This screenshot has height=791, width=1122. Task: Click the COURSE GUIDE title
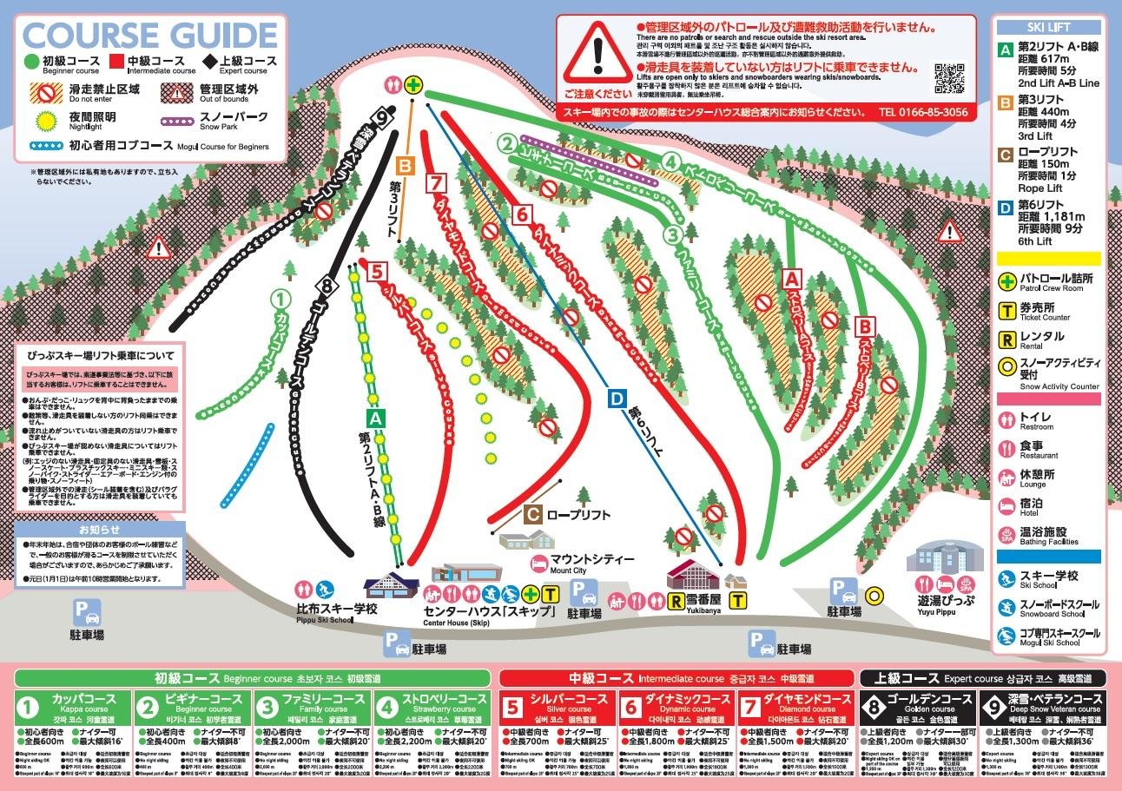[x=153, y=36]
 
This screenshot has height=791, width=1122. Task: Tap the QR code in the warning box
[x=948, y=78]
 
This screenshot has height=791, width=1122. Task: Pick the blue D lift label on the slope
[x=616, y=399]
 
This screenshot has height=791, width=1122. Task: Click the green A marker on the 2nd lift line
[x=374, y=418]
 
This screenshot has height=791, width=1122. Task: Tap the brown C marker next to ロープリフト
[x=532, y=514]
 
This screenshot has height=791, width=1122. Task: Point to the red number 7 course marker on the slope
[x=436, y=183]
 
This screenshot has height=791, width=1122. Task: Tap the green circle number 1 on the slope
[x=280, y=299]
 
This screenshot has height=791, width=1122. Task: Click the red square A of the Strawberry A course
[x=790, y=280]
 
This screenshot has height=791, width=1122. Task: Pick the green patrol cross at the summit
[x=414, y=85]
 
